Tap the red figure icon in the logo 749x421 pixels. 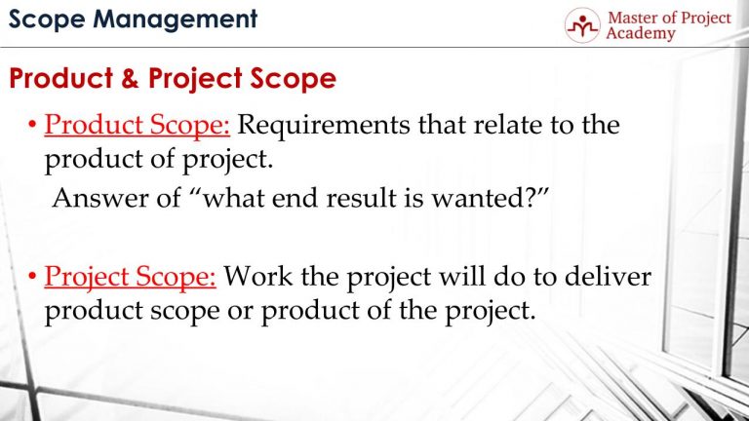click(583, 26)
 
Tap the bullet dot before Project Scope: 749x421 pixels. click(34, 278)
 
